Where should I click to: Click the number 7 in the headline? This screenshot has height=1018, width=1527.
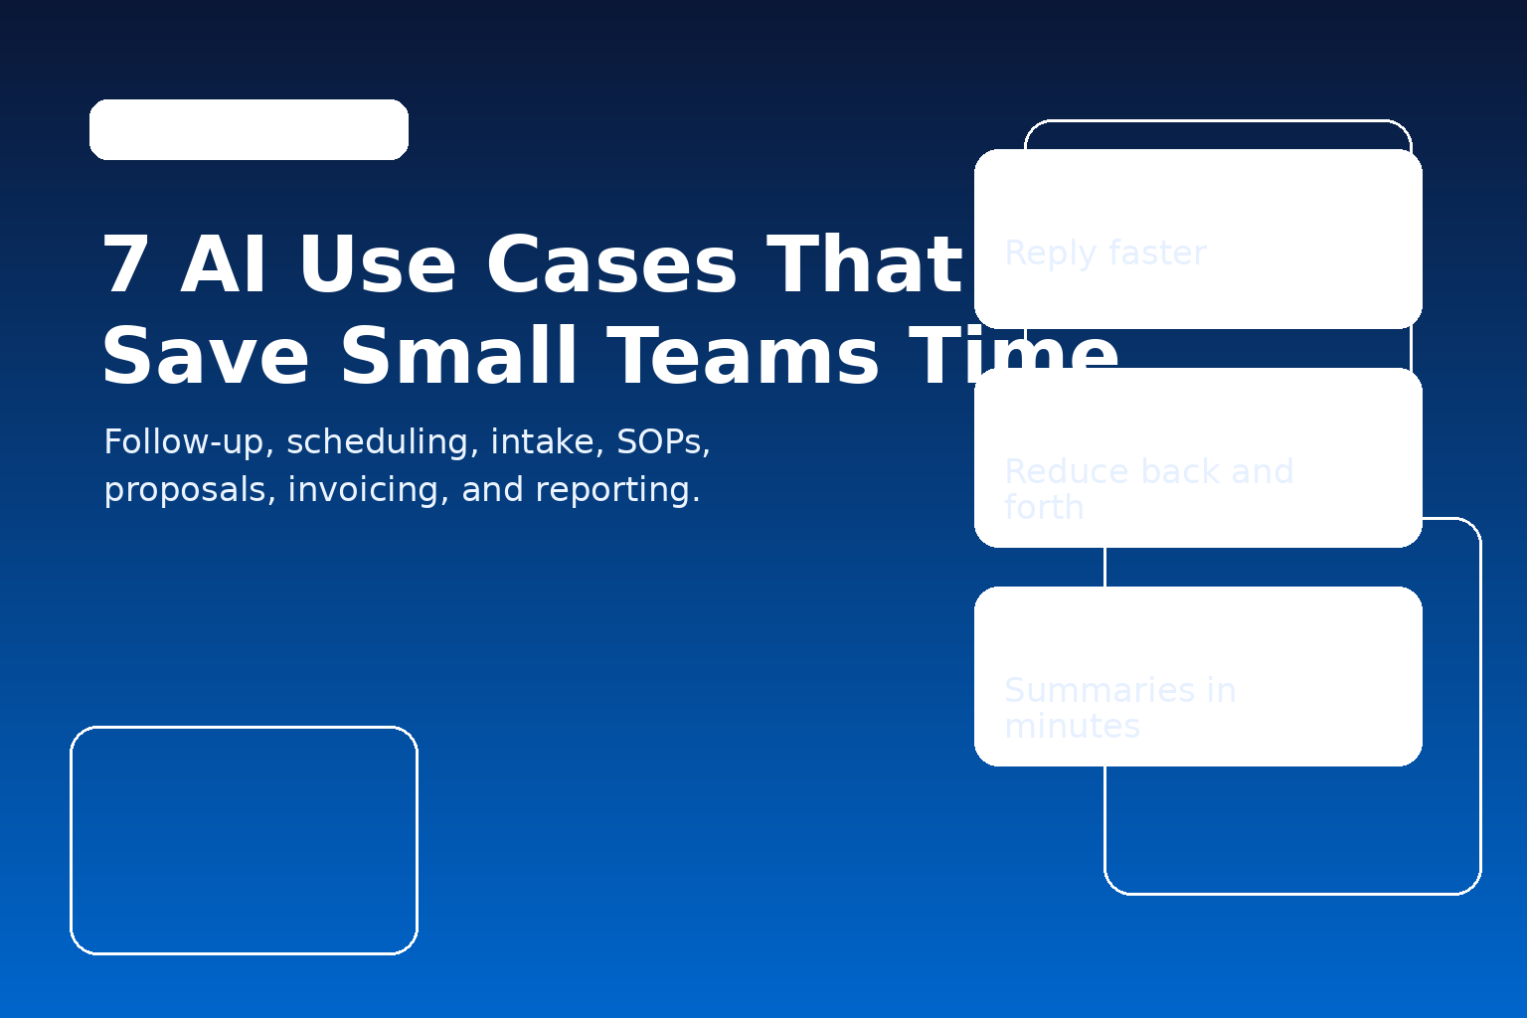pos(125,266)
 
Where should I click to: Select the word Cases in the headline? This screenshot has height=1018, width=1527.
pos(610,266)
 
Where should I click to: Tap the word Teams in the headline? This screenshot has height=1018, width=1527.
pos(742,358)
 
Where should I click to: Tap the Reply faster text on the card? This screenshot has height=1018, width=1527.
pos(1104,254)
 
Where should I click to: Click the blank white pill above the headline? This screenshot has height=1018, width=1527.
pos(249,129)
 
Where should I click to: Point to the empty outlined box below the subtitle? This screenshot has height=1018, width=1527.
pos(244,840)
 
